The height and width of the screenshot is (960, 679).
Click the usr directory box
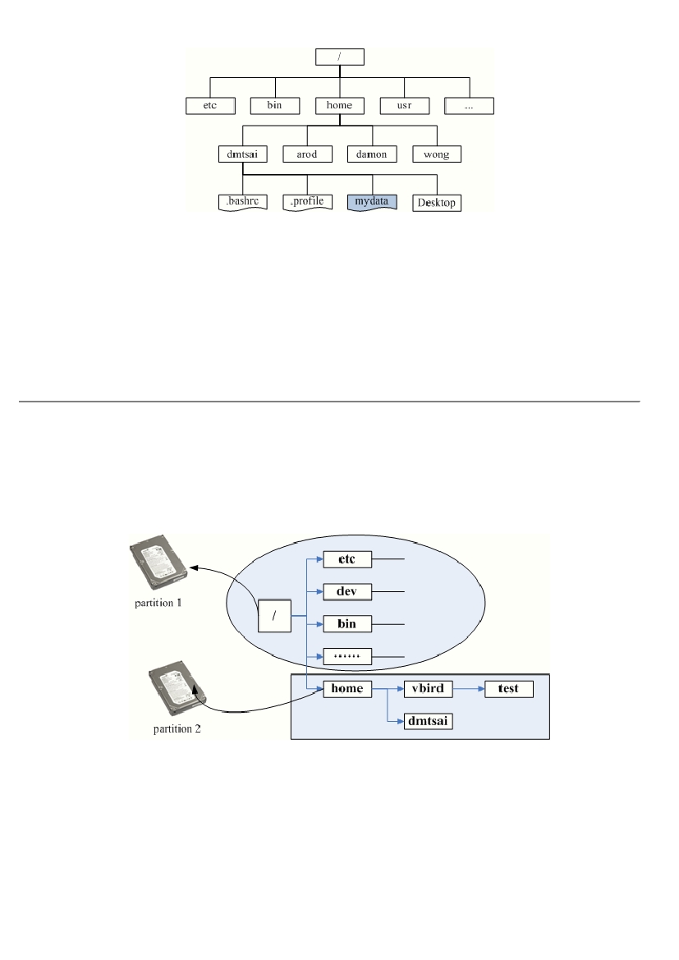(x=405, y=106)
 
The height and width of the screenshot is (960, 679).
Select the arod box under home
(x=307, y=154)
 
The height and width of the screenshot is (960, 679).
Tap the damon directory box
(x=372, y=154)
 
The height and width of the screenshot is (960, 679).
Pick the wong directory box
(x=437, y=154)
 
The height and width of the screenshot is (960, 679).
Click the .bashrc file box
(x=243, y=202)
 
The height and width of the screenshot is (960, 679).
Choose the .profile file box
(x=307, y=202)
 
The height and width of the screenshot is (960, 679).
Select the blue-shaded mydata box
(x=372, y=202)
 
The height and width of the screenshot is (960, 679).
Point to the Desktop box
(x=437, y=204)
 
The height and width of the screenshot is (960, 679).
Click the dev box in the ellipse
(x=347, y=592)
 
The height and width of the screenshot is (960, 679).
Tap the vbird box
(x=429, y=689)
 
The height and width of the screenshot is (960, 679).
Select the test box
(x=509, y=689)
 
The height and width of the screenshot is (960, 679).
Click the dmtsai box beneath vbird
(x=429, y=721)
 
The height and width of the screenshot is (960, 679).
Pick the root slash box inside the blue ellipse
(x=274, y=616)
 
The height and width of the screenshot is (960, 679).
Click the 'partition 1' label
(x=158, y=603)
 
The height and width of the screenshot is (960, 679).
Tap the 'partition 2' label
(x=177, y=729)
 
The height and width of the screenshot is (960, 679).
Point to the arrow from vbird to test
(x=469, y=689)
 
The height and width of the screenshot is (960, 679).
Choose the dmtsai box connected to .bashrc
(x=243, y=154)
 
